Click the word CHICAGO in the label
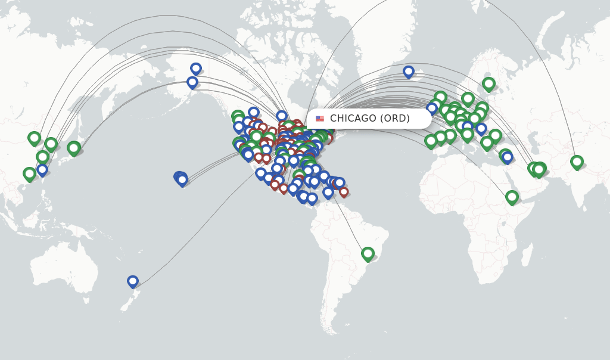354,119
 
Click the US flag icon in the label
320,119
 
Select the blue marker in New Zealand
133,281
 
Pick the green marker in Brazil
368,253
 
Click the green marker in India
577,162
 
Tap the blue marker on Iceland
409,72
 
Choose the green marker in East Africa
512,197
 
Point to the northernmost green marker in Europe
488,83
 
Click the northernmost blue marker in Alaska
196,69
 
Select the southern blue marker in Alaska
192,82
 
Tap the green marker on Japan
74,147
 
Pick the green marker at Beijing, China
34,138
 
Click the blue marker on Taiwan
42,170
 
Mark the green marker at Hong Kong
29,174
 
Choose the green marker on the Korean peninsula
51,144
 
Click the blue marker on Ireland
432,108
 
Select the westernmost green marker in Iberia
431,141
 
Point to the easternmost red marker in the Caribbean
344,192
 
